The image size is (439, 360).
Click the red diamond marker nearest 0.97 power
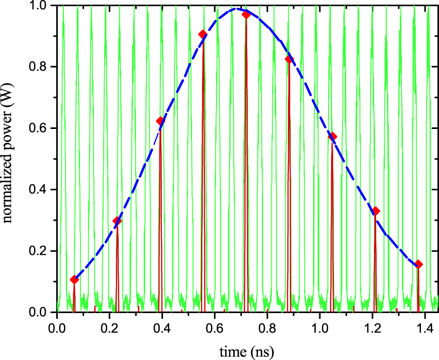coord(246,14)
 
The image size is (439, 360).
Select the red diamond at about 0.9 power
coord(203,35)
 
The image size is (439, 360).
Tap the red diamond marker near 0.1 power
coord(74,280)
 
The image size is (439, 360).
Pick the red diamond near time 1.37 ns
coord(418,265)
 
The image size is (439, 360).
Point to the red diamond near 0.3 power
coord(117,221)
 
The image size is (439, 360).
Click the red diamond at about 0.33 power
coord(376,211)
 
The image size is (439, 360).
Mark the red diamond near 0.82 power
coord(289,60)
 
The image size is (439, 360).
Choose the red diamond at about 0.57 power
coord(332,137)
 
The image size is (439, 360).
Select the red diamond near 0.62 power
coord(160,121)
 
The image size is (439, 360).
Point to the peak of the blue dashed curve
coord(237,9)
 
